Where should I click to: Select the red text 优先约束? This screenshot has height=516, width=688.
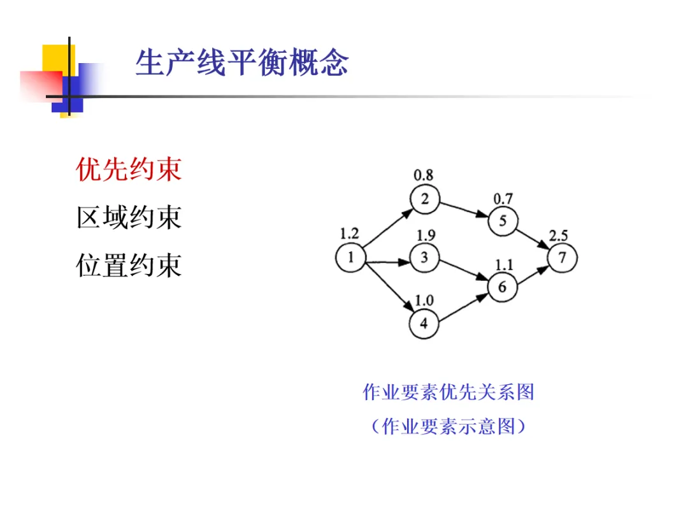point(129,169)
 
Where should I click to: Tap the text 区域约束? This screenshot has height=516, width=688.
point(129,217)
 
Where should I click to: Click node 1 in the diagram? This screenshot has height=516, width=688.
point(350,258)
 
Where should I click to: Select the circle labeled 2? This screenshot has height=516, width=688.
point(425,199)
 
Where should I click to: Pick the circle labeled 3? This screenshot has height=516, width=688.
point(425,257)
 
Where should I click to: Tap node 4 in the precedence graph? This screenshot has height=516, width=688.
point(425,324)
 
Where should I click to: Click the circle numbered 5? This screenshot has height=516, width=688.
point(503,221)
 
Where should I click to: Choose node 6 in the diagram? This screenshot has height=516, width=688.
point(503,287)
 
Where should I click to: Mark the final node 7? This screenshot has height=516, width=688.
point(562,258)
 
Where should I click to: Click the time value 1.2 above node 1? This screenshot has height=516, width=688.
point(349,233)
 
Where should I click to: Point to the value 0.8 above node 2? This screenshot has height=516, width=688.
point(424,174)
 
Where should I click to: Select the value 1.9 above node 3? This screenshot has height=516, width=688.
point(426,235)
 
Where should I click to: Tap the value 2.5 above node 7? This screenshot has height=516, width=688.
point(559,236)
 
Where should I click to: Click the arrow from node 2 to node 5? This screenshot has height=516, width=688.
point(464,210)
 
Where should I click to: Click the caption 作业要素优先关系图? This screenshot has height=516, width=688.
point(448,392)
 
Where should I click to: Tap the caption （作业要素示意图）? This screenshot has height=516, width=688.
point(448,426)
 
